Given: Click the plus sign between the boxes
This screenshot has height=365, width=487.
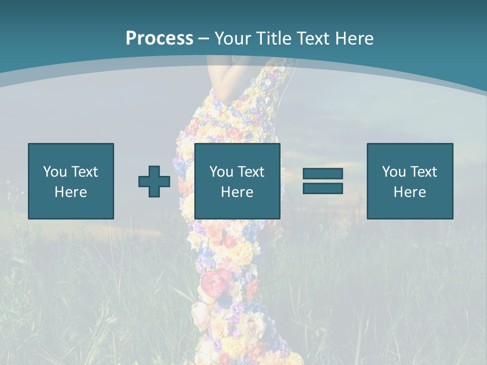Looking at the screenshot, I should [x=154, y=181].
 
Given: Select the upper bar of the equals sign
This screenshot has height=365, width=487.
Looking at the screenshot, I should [x=323, y=174].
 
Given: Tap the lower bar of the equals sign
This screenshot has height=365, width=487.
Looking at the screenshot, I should [x=323, y=189].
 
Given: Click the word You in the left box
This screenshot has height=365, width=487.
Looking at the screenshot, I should [x=55, y=172].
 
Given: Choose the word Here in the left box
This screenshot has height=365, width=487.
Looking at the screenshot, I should [x=71, y=192].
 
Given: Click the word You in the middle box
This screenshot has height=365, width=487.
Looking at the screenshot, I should [x=221, y=172].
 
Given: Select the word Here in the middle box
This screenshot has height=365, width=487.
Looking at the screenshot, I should [x=237, y=192].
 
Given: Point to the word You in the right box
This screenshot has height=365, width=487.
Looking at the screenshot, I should [x=394, y=172].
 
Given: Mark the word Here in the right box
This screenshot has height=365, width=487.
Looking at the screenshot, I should [x=409, y=192].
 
